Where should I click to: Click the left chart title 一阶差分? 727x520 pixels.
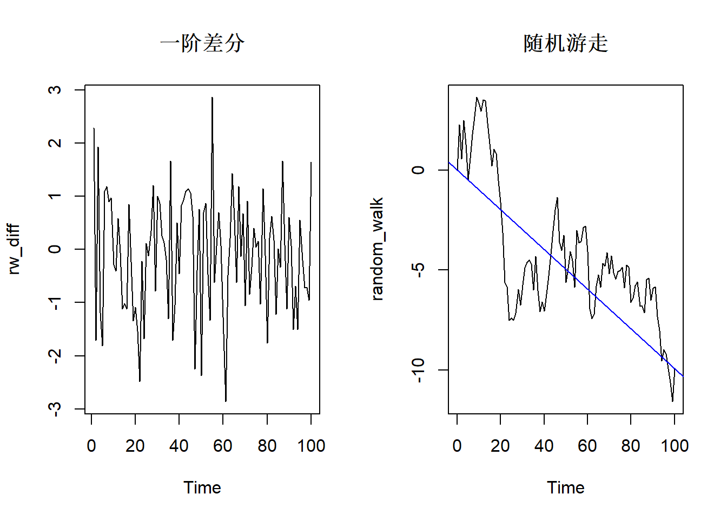[202, 43]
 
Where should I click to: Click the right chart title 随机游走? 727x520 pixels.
[565, 43]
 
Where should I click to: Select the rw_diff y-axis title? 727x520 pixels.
[14, 249]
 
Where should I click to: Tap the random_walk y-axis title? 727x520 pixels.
[377, 249]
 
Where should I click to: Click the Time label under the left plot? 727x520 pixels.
[202, 487]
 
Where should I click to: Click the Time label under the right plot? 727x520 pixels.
[565, 487]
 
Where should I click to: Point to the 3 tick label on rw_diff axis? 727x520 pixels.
[55, 89]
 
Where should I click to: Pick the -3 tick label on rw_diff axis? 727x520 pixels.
[55, 408]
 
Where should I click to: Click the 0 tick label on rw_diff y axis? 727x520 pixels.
[55, 249]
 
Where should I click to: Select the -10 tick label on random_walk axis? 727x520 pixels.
[418, 370]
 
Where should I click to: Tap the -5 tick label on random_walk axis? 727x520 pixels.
[418, 270]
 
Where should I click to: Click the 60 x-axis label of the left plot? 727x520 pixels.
[223, 446]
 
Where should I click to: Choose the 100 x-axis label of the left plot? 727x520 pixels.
[311, 446]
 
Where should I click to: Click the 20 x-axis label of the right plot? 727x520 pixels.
[500, 446]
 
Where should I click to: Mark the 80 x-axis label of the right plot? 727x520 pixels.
[631, 446]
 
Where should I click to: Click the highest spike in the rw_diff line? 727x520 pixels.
[212, 98]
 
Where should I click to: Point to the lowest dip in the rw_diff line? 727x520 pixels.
[226, 401]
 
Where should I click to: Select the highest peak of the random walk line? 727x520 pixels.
[477, 98]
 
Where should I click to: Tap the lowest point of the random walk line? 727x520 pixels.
[672, 401]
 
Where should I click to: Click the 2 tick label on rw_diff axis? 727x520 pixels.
[55, 142]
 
